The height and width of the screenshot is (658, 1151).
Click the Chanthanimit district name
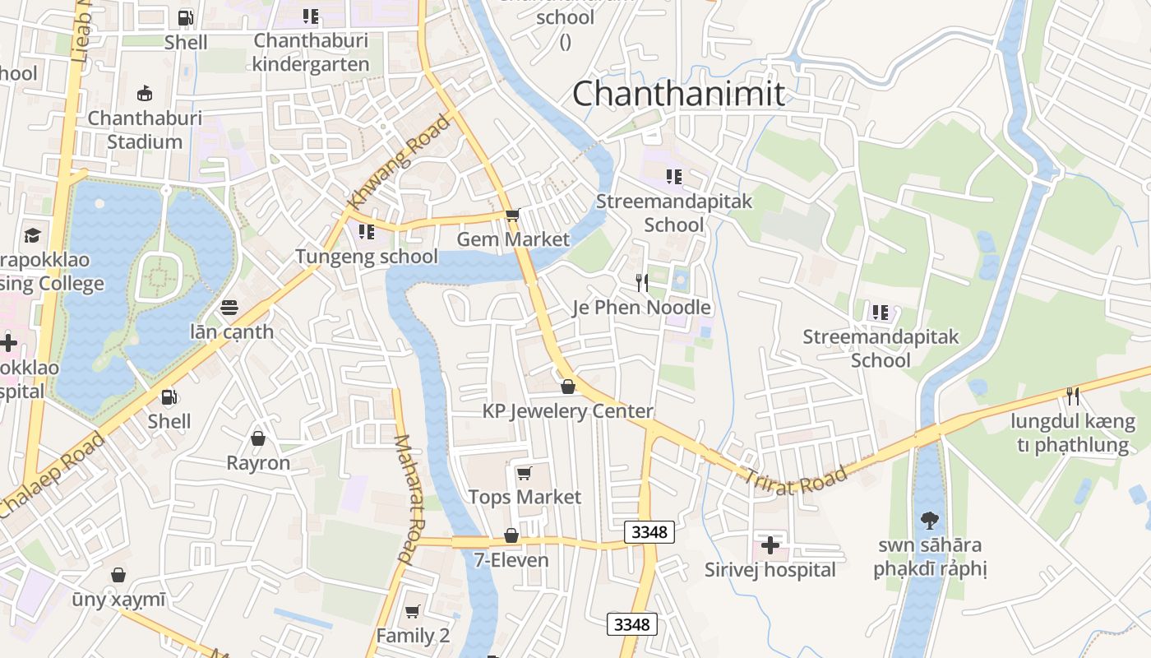coord(678,93)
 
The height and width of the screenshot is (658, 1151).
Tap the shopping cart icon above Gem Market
coord(513,215)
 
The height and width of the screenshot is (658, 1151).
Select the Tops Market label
coord(525,497)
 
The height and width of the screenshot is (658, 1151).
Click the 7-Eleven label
coord(511,560)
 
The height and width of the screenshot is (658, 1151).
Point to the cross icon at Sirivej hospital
coord(770,545)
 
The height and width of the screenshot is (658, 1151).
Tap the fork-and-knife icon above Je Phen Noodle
coord(642,283)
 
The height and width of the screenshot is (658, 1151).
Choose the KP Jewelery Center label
coord(567,411)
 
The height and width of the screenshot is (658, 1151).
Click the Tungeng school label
coord(367,257)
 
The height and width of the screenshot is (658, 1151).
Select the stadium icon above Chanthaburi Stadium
coord(145,93)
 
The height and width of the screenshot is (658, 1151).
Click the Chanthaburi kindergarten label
coord(311,52)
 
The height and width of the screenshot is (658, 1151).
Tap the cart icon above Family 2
coord(413,611)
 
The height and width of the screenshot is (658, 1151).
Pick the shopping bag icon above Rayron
coord(258,438)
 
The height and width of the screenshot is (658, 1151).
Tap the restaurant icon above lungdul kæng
coord(1072,396)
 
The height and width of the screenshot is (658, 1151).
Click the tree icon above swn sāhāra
coord(930,520)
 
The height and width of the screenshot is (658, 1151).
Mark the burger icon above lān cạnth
coord(229,308)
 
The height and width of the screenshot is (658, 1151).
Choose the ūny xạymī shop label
coord(118,600)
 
